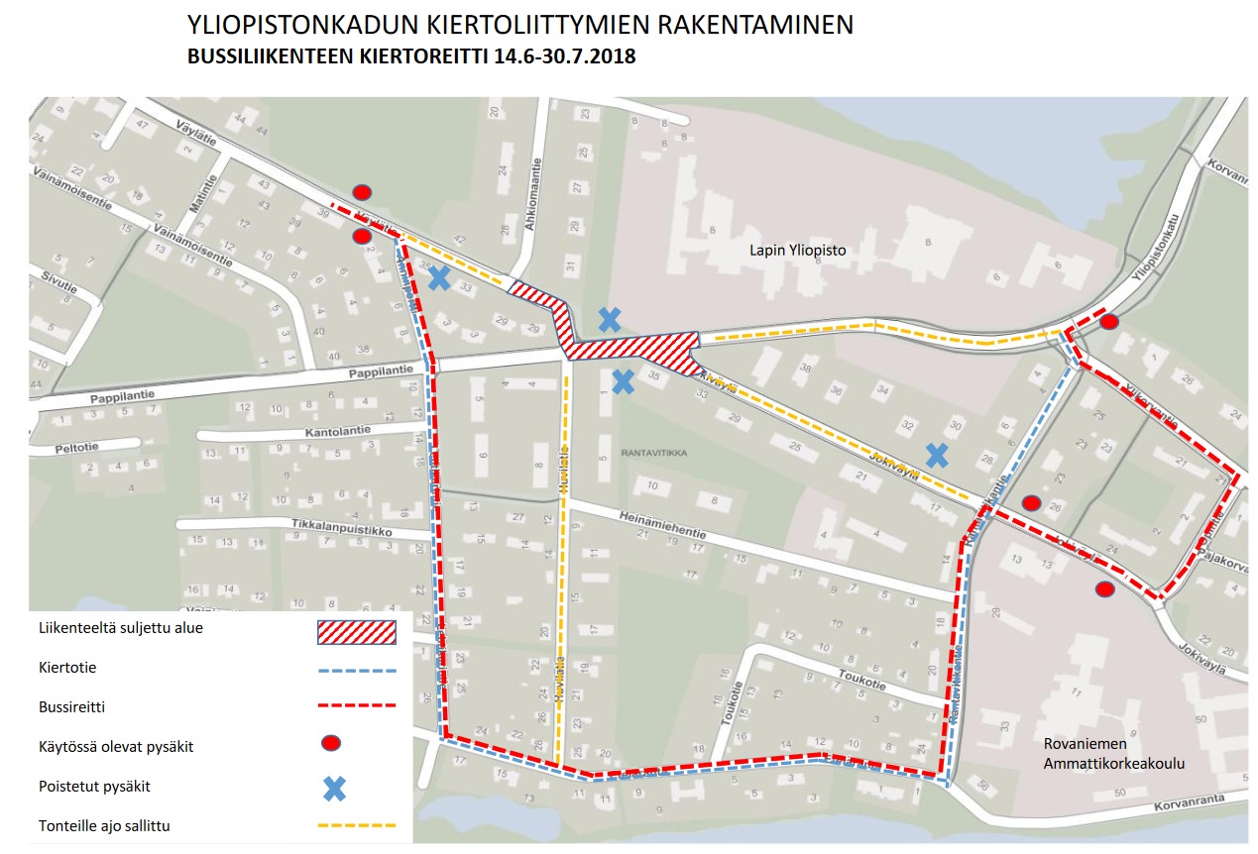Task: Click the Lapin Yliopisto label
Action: (x=797, y=251)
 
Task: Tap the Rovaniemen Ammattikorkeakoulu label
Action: (x=1113, y=754)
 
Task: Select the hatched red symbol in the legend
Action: (x=356, y=631)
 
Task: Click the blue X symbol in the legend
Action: (x=335, y=789)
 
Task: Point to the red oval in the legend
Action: (x=332, y=742)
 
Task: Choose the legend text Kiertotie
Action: (x=67, y=668)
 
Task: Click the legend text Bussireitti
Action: (x=73, y=706)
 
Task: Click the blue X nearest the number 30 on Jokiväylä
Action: (x=936, y=455)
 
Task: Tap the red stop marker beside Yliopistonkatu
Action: (x=1109, y=321)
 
